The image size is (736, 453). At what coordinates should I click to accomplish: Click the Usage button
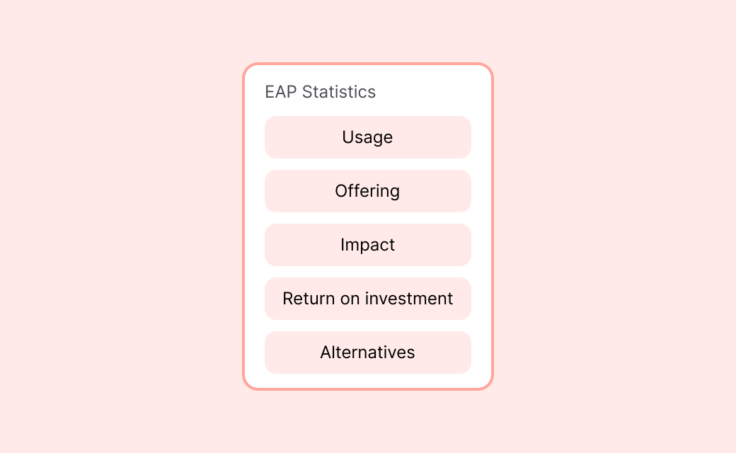pos(367,137)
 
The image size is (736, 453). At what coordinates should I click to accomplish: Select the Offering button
pos(367,191)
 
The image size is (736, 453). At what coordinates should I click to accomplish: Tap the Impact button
pos(367,245)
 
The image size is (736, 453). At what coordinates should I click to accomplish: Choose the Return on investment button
pos(367,299)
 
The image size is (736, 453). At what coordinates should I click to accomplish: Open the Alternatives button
pos(367,352)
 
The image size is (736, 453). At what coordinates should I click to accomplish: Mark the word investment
pos(410,299)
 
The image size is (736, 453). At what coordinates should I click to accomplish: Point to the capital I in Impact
pos(343,245)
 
